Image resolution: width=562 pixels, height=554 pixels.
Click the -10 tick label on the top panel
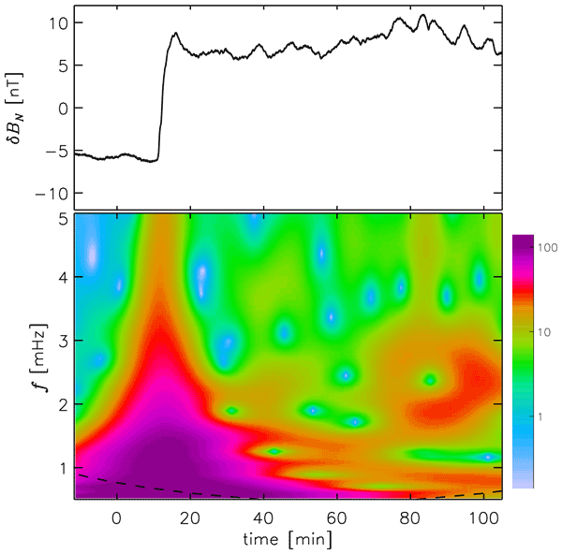point(47,193)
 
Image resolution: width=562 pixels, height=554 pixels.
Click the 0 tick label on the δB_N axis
point(59,109)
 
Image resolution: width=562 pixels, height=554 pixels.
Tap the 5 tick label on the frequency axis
point(60,217)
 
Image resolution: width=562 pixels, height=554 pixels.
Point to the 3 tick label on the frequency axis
point(60,342)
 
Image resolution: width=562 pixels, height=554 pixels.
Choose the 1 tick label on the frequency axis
point(60,467)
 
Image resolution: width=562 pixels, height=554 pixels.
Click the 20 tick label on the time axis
point(190,518)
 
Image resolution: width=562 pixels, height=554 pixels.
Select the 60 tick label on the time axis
point(337,518)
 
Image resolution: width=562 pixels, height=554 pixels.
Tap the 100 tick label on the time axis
point(483,518)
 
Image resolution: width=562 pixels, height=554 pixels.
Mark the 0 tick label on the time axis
point(117,518)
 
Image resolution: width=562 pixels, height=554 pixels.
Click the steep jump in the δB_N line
point(161,103)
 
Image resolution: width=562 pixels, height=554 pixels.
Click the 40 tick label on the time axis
point(263,518)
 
